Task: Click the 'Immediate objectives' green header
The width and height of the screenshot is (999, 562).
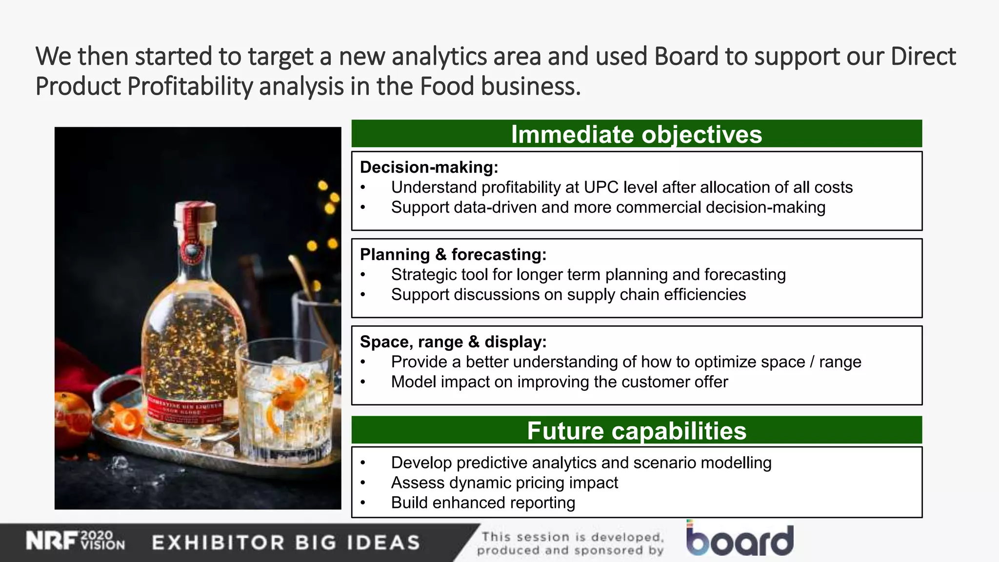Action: point(636,134)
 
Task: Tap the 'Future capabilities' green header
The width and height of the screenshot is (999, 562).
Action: point(636,431)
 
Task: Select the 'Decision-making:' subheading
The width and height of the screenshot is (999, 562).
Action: point(429,167)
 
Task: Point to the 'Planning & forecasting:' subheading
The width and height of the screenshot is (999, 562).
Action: point(453,255)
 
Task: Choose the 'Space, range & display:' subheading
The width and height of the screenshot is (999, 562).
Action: point(453,342)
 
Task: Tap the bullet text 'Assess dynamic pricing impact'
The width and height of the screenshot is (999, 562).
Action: point(504,483)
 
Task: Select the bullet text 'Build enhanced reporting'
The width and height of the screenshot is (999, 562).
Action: point(483,503)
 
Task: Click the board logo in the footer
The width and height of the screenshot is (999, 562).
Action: point(739,540)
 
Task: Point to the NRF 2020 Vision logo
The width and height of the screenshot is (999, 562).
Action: point(75,542)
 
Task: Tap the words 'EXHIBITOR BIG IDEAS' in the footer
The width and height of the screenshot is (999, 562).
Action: point(286,542)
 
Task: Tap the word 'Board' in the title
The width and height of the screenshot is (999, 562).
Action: point(686,56)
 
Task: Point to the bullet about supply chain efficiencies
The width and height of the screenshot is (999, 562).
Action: point(568,295)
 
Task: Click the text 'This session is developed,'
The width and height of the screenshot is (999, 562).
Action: point(573,537)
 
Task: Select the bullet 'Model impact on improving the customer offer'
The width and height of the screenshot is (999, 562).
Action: point(559,382)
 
